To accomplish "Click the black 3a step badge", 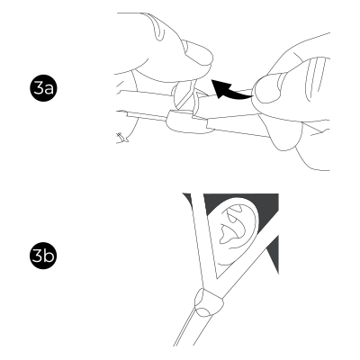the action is tap(43, 88).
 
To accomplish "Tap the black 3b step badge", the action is tap(43, 256).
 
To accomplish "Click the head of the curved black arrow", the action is tap(219, 87).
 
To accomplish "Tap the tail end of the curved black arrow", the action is tap(251, 96).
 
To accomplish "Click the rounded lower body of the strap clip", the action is tap(187, 122).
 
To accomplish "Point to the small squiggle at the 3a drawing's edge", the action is tap(122, 137).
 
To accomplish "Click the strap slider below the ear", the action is tap(209, 302).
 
